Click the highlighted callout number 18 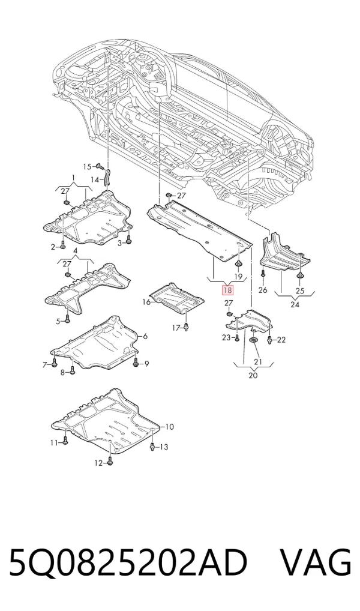click(x=227, y=290)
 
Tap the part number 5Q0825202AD click(x=128, y=562)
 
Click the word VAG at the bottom click(x=316, y=562)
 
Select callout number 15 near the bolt click(x=87, y=167)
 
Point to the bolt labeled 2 click(x=63, y=246)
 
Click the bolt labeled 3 click(x=129, y=242)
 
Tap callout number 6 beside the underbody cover click(x=145, y=336)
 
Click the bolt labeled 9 click(x=136, y=364)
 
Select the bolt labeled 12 click(x=110, y=462)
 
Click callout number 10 click(x=169, y=427)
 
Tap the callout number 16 click(x=146, y=302)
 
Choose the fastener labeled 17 click(x=187, y=328)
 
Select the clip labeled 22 click(x=269, y=340)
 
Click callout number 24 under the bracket click(x=295, y=304)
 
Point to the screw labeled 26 click(x=263, y=274)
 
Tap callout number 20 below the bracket click(x=253, y=375)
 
